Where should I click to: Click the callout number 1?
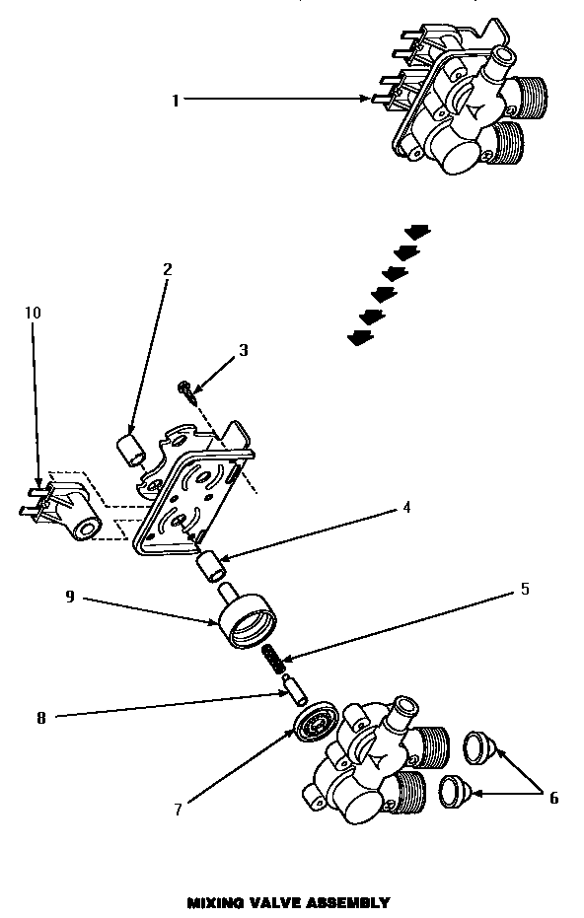click(x=176, y=100)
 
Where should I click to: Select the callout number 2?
click(x=168, y=268)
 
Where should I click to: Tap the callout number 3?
click(x=244, y=350)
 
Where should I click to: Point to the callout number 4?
click(x=405, y=508)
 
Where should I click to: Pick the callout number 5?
click(x=525, y=590)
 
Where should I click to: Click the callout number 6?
click(x=553, y=798)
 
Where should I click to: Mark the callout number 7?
click(x=179, y=811)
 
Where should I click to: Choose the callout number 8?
click(x=40, y=719)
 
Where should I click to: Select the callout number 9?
click(x=70, y=597)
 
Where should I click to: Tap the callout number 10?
click(x=33, y=313)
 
